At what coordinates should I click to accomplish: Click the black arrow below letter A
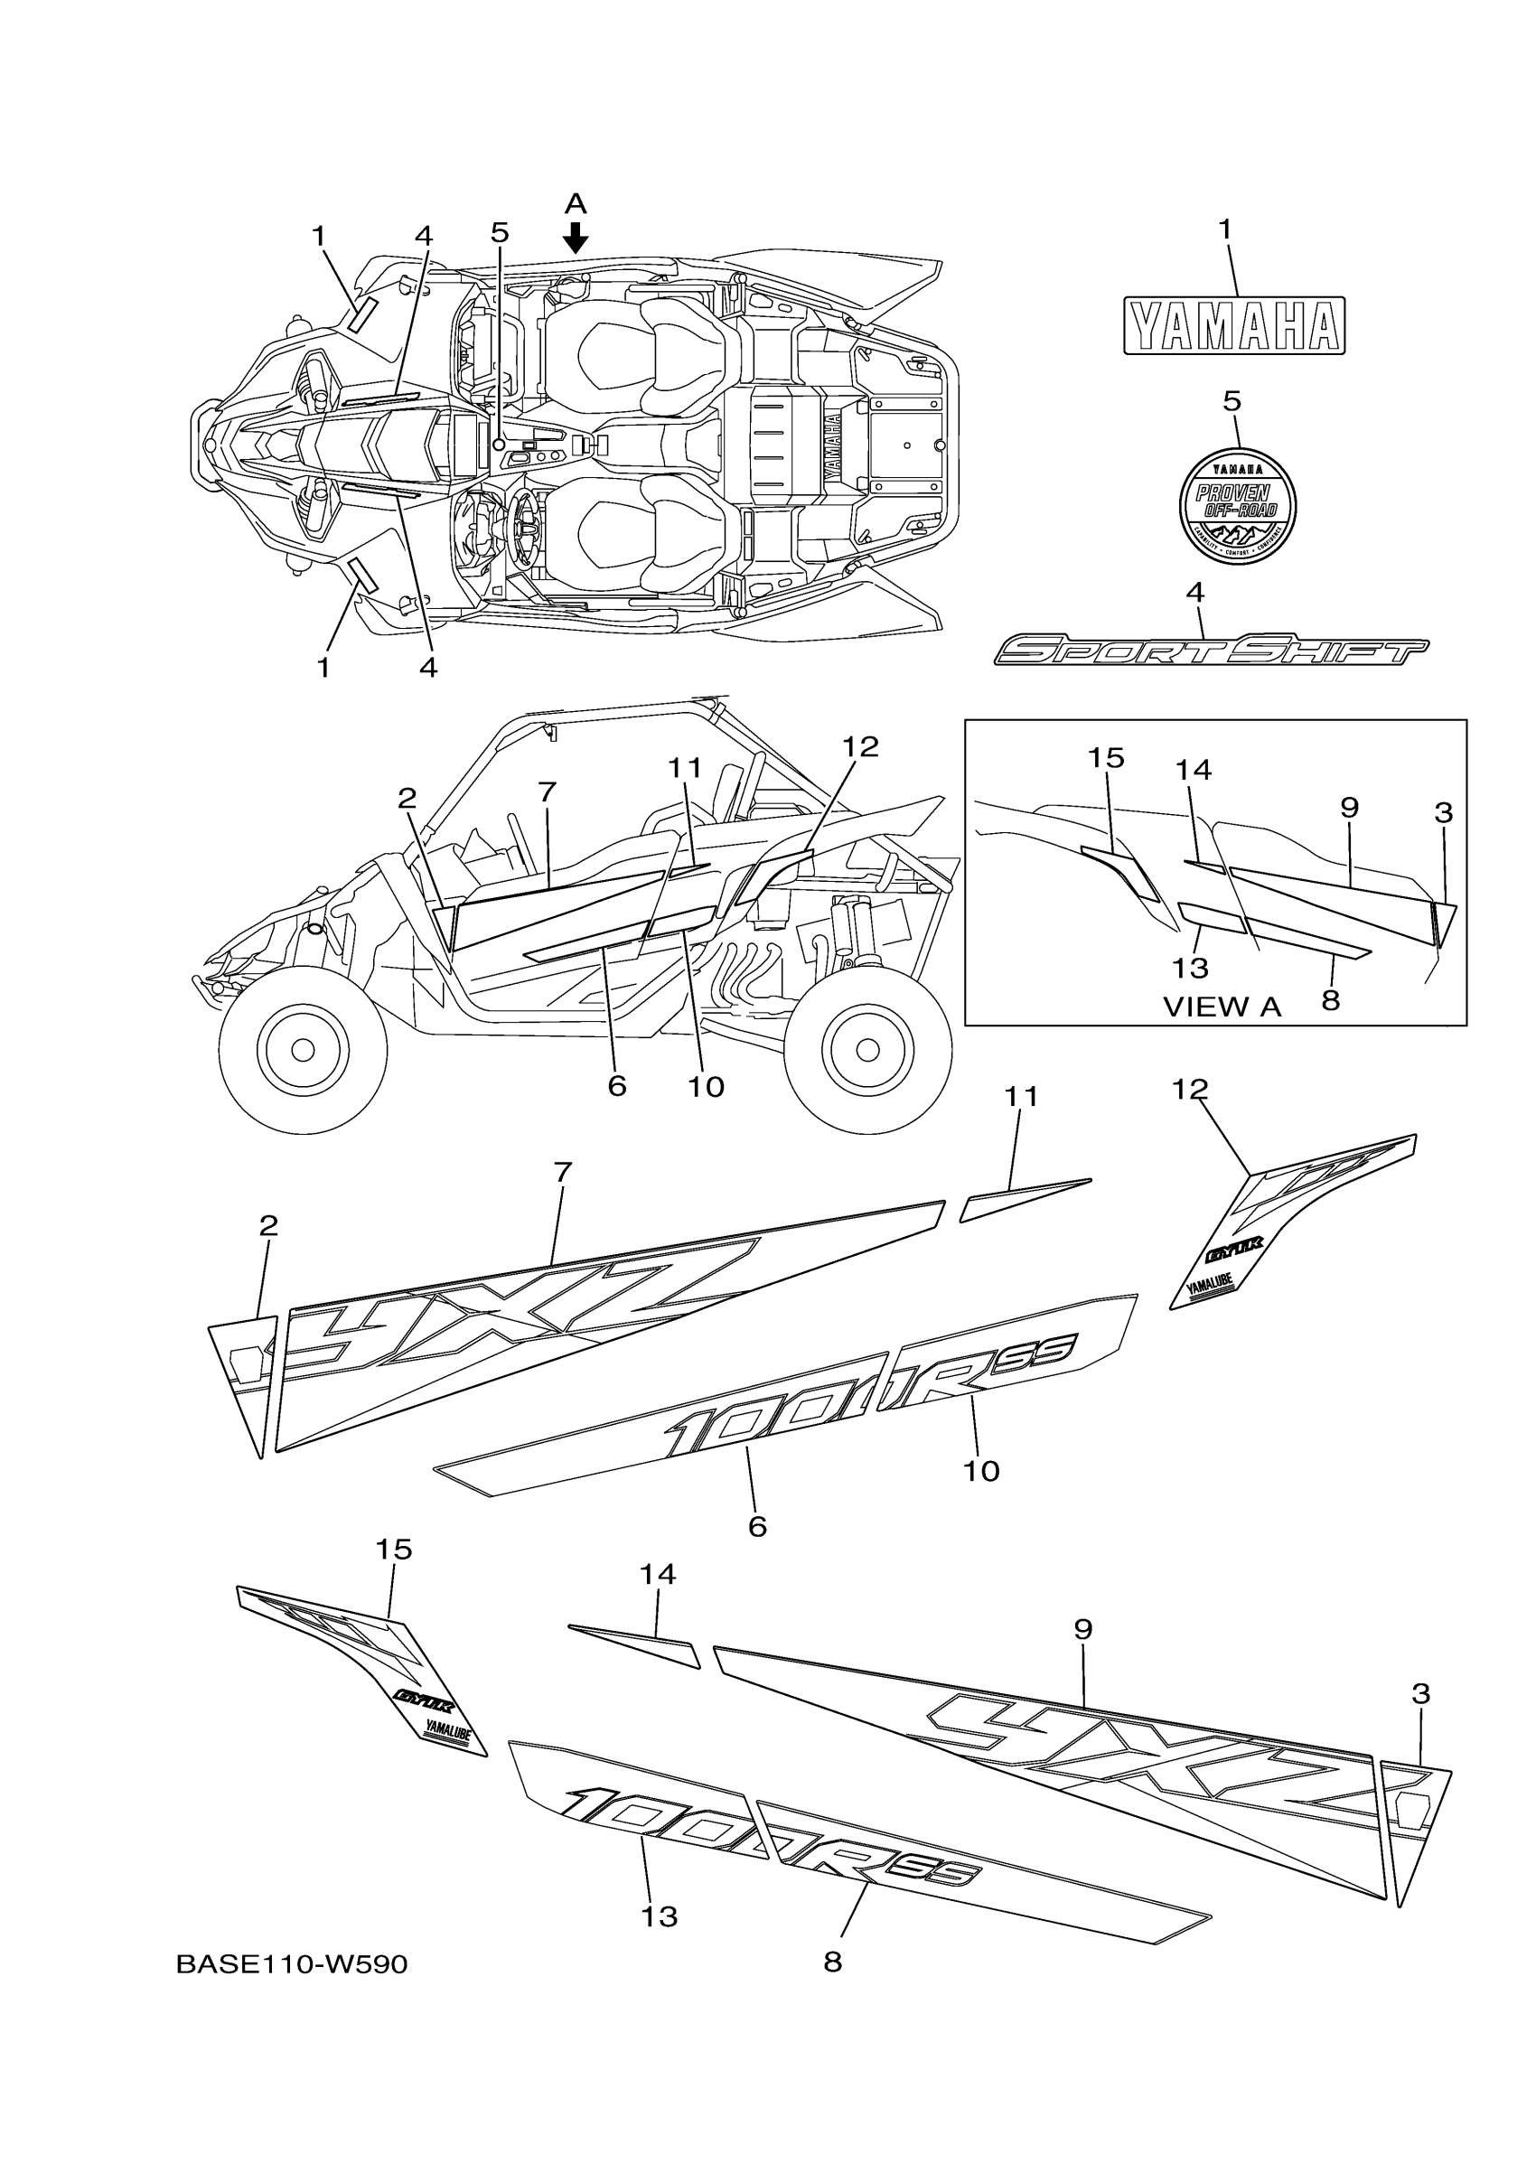tap(576, 237)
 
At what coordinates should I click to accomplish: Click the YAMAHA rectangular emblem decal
tap(1234, 325)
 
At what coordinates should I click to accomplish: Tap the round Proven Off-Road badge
tap(1237, 506)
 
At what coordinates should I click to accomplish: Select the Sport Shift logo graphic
tap(1212, 651)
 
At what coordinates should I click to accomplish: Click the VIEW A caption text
tap(1222, 1007)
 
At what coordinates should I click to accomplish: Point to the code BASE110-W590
tap(292, 1965)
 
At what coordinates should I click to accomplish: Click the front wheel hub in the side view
tap(303, 1050)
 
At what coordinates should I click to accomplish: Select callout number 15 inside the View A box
tap(1105, 758)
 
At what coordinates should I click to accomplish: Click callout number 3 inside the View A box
tap(1443, 812)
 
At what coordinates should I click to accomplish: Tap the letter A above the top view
tap(576, 203)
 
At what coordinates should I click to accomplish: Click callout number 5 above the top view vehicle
tap(500, 232)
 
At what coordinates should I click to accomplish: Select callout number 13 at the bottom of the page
tap(660, 1916)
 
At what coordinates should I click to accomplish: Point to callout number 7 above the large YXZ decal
tap(562, 1173)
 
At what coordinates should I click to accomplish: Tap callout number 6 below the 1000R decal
tap(757, 1527)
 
